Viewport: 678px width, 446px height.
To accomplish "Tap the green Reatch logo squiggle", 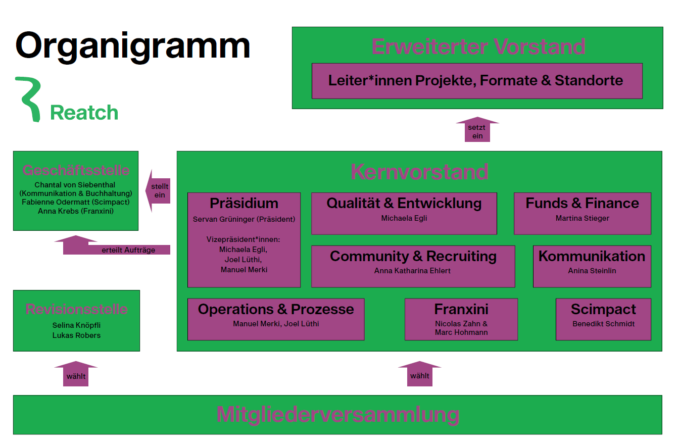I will (29, 98).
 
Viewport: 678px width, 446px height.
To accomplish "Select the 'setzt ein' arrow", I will (477, 131).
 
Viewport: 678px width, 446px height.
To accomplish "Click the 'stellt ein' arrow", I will (159, 191).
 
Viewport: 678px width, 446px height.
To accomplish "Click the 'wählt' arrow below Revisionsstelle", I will (76, 375).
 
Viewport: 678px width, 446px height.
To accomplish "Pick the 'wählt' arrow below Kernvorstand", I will (419, 375).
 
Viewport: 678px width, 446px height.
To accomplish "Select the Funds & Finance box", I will (582, 213).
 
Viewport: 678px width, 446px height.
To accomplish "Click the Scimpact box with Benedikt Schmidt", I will (603, 319).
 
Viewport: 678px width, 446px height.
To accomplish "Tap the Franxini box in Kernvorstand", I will (461, 319).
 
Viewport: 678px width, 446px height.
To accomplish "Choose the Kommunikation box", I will (592, 266).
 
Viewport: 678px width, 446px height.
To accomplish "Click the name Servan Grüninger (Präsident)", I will (244, 219).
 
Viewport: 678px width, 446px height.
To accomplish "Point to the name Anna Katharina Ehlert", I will (412, 271).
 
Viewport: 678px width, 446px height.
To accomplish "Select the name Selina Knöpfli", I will (76, 325).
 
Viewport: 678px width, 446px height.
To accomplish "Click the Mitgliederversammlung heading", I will (337, 415).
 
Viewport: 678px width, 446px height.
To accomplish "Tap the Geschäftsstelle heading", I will (76, 170).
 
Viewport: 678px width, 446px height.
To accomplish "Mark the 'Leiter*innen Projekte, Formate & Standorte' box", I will (476, 81).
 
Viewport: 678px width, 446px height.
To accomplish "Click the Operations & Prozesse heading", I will (276, 309).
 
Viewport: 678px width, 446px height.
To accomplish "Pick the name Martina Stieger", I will (582, 218).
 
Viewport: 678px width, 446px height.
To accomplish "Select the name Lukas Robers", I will (76, 335).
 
